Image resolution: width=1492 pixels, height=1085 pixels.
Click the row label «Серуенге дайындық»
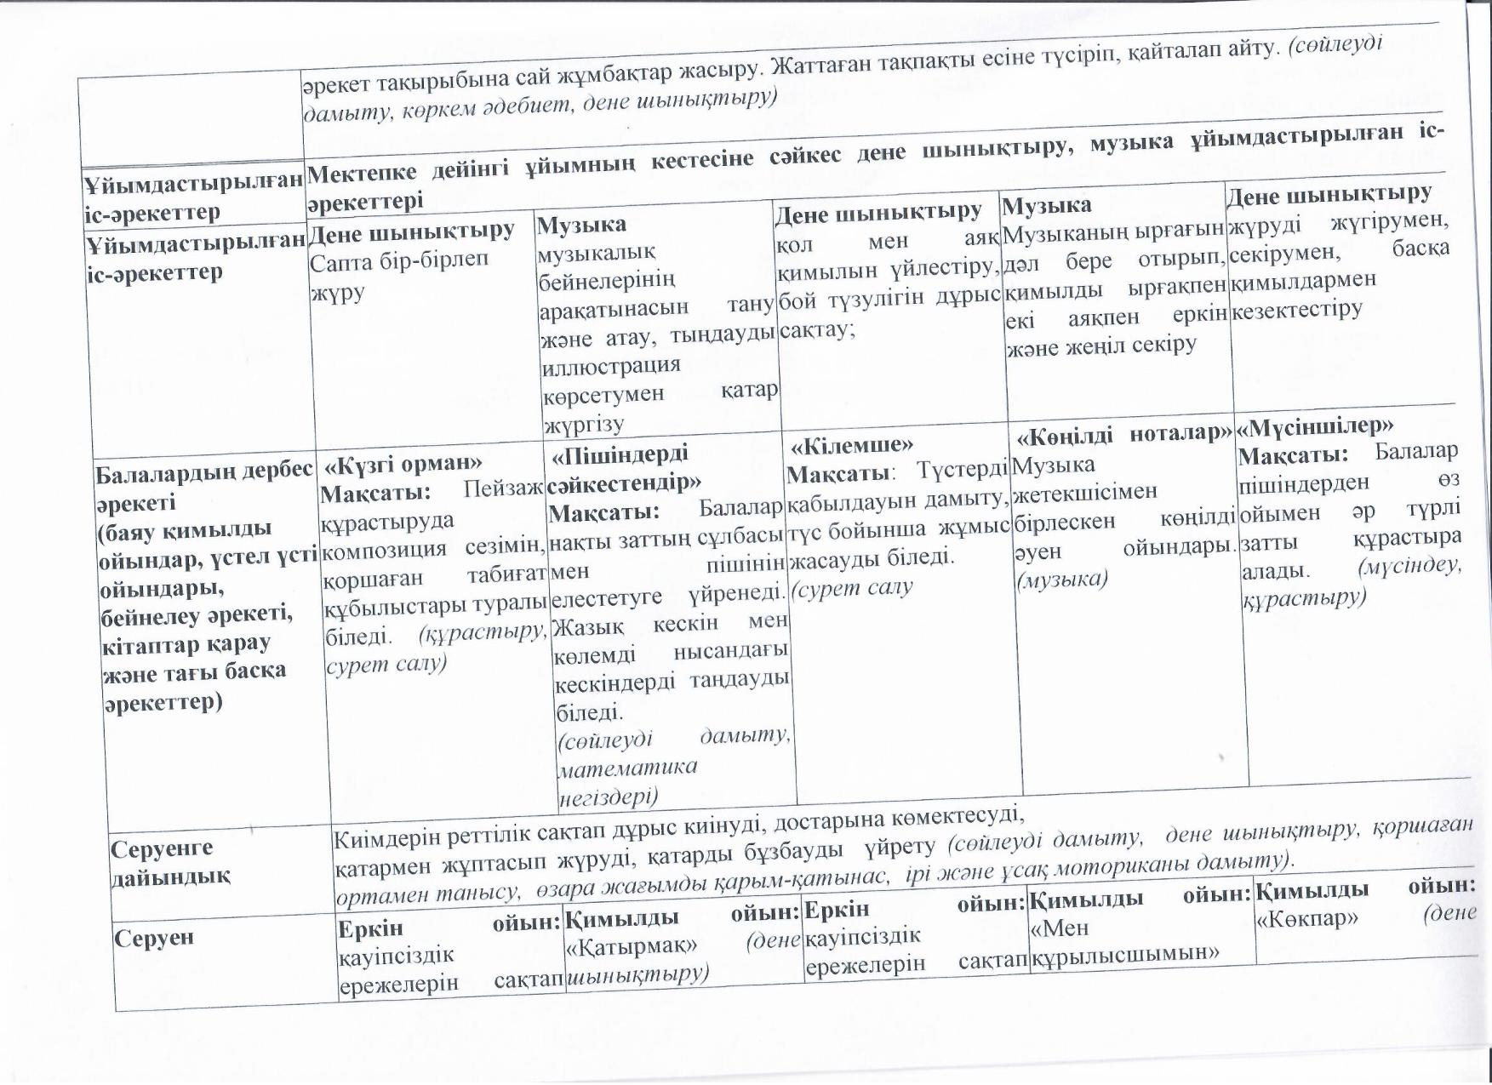point(171,862)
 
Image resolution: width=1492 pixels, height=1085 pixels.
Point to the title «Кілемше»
point(852,445)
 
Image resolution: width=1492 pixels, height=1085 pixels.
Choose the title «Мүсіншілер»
point(1315,425)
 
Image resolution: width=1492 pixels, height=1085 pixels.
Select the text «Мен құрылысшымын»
point(1124,940)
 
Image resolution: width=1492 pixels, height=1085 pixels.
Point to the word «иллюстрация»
point(610,365)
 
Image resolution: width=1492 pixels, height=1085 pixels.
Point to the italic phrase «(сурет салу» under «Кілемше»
point(852,587)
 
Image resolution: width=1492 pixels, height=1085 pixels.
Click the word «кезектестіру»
point(1297,309)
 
